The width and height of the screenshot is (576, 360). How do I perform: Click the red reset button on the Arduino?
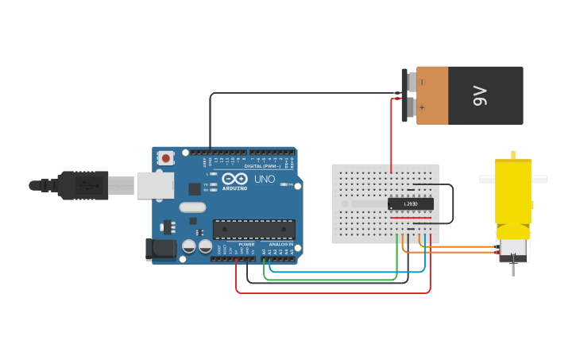click(165, 158)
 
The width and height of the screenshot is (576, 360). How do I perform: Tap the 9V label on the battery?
click(479, 95)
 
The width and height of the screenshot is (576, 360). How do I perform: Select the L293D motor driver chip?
click(410, 204)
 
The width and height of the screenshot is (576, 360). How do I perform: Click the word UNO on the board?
click(265, 180)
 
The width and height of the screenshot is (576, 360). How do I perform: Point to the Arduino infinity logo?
click(234, 179)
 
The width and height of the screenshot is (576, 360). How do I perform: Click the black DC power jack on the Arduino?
click(160, 249)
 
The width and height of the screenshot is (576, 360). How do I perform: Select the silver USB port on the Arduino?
click(155, 185)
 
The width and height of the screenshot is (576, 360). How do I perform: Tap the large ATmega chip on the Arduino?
click(253, 230)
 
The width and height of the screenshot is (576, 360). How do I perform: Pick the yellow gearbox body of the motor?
click(513, 191)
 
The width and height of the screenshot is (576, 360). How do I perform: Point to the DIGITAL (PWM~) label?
click(265, 166)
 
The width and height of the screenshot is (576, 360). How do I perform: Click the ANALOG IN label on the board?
click(280, 244)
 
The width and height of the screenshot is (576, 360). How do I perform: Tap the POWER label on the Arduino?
click(246, 244)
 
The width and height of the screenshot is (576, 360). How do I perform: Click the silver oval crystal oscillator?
click(192, 207)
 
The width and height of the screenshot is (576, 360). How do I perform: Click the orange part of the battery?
click(432, 95)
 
